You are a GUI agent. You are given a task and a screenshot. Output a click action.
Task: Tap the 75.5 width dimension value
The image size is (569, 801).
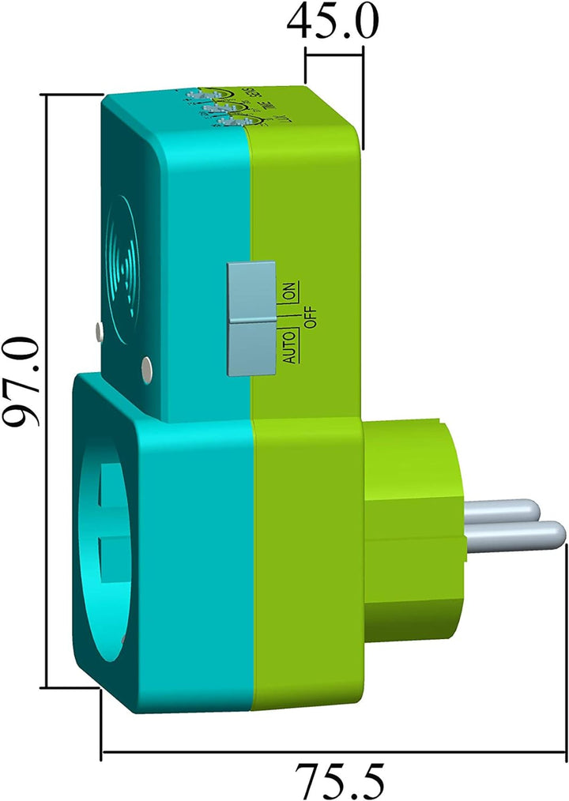pyautogui.click(x=341, y=780)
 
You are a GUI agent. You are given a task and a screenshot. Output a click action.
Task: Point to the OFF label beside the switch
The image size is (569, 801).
pyautogui.click(x=309, y=316)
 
